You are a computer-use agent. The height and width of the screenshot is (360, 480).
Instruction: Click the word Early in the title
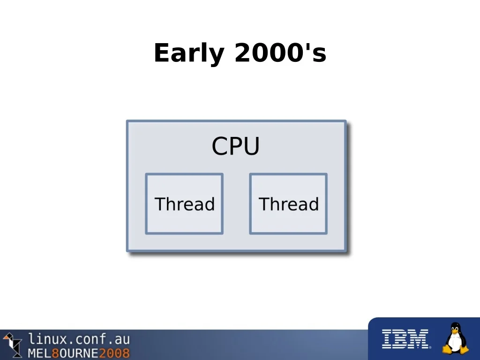pyautogui.click(x=189, y=53)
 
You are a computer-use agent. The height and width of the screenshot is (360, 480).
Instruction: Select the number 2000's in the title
pyautogui.click(x=280, y=52)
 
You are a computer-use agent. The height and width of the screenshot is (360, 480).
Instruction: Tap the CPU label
pyautogui.click(x=236, y=146)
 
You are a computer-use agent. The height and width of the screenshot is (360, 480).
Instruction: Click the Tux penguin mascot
pyautogui.click(x=456, y=338)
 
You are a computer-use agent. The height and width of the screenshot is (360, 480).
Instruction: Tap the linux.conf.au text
pyautogui.click(x=79, y=339)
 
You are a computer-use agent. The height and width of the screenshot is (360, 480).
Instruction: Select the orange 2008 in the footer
pyautogui.click(x=114, y=353)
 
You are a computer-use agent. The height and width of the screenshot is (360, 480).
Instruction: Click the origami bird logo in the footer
pyautogui.click(x=12, y=345)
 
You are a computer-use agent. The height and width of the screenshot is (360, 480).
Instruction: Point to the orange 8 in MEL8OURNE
pyautogui.click(x=55, y=353)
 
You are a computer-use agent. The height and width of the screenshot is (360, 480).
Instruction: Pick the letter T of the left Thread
pyautogui.click(x=161, y=204)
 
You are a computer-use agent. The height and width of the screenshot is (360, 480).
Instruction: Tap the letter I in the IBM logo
pyautogui.click(x=386, y=339)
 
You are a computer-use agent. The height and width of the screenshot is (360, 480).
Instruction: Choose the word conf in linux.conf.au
pyautogui.click(x=88, y=339)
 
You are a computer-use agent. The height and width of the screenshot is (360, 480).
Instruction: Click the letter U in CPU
pyautogui.click(x=251, y=146)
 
